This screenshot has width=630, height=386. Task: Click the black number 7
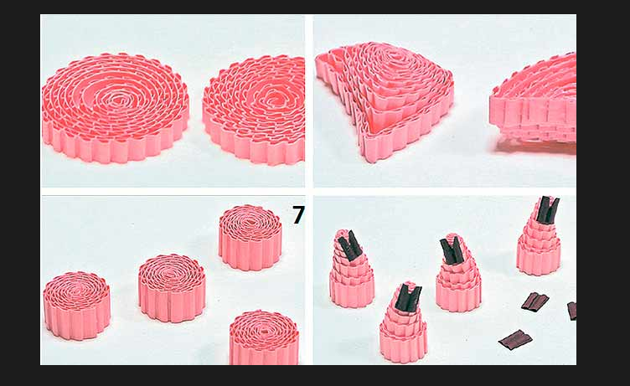tap(298, 215)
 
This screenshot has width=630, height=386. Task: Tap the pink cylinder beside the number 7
tap(250, 237)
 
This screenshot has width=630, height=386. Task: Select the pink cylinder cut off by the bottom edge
tap(264, 337)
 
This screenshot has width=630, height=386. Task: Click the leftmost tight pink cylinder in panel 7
tap(76, 306)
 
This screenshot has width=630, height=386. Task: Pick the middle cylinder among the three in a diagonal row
tap(172, 288)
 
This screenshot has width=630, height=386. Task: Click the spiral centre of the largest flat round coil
tap(116, 98)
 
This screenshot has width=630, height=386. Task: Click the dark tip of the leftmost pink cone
tap(349, 245)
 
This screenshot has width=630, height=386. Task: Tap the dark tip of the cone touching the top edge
tap(548, 208)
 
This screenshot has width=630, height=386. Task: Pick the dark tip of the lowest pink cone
tap(408, 297)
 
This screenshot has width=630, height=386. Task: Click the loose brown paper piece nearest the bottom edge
tap(515, 339)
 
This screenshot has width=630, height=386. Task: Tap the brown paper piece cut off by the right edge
tap(572, 311)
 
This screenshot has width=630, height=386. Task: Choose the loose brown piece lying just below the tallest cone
tap(535, 301)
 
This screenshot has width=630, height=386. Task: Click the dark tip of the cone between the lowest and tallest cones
tap(452, 250)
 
